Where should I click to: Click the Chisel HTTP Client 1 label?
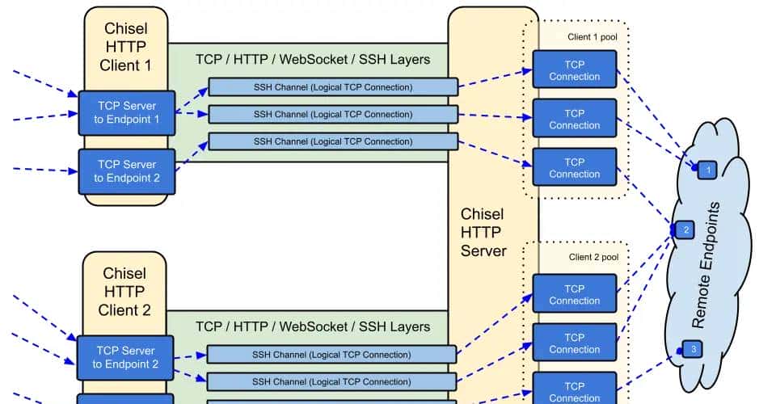(x=125, y=47)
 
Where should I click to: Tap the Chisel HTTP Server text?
(x=483, y=232)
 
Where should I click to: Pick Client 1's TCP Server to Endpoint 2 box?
(x=126, y=171)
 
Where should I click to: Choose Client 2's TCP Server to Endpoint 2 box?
(x=125, y=357)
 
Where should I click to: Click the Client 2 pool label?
(x=593, y=257)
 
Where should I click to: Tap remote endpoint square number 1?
(x=707, y=170)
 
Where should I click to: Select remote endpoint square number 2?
(x=685, y=230)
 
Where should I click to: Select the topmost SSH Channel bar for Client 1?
(x=332, y=87)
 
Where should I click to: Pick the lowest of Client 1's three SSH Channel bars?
(x=332, y=141)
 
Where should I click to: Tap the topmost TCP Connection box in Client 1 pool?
(x=574, y=70)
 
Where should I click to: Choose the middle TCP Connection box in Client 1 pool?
(x=574, y=119)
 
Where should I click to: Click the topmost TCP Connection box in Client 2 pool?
(x=574, y=294)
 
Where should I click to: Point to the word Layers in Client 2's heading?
(x=410, y=327)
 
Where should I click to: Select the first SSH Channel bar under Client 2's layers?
(x=331, y=355)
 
